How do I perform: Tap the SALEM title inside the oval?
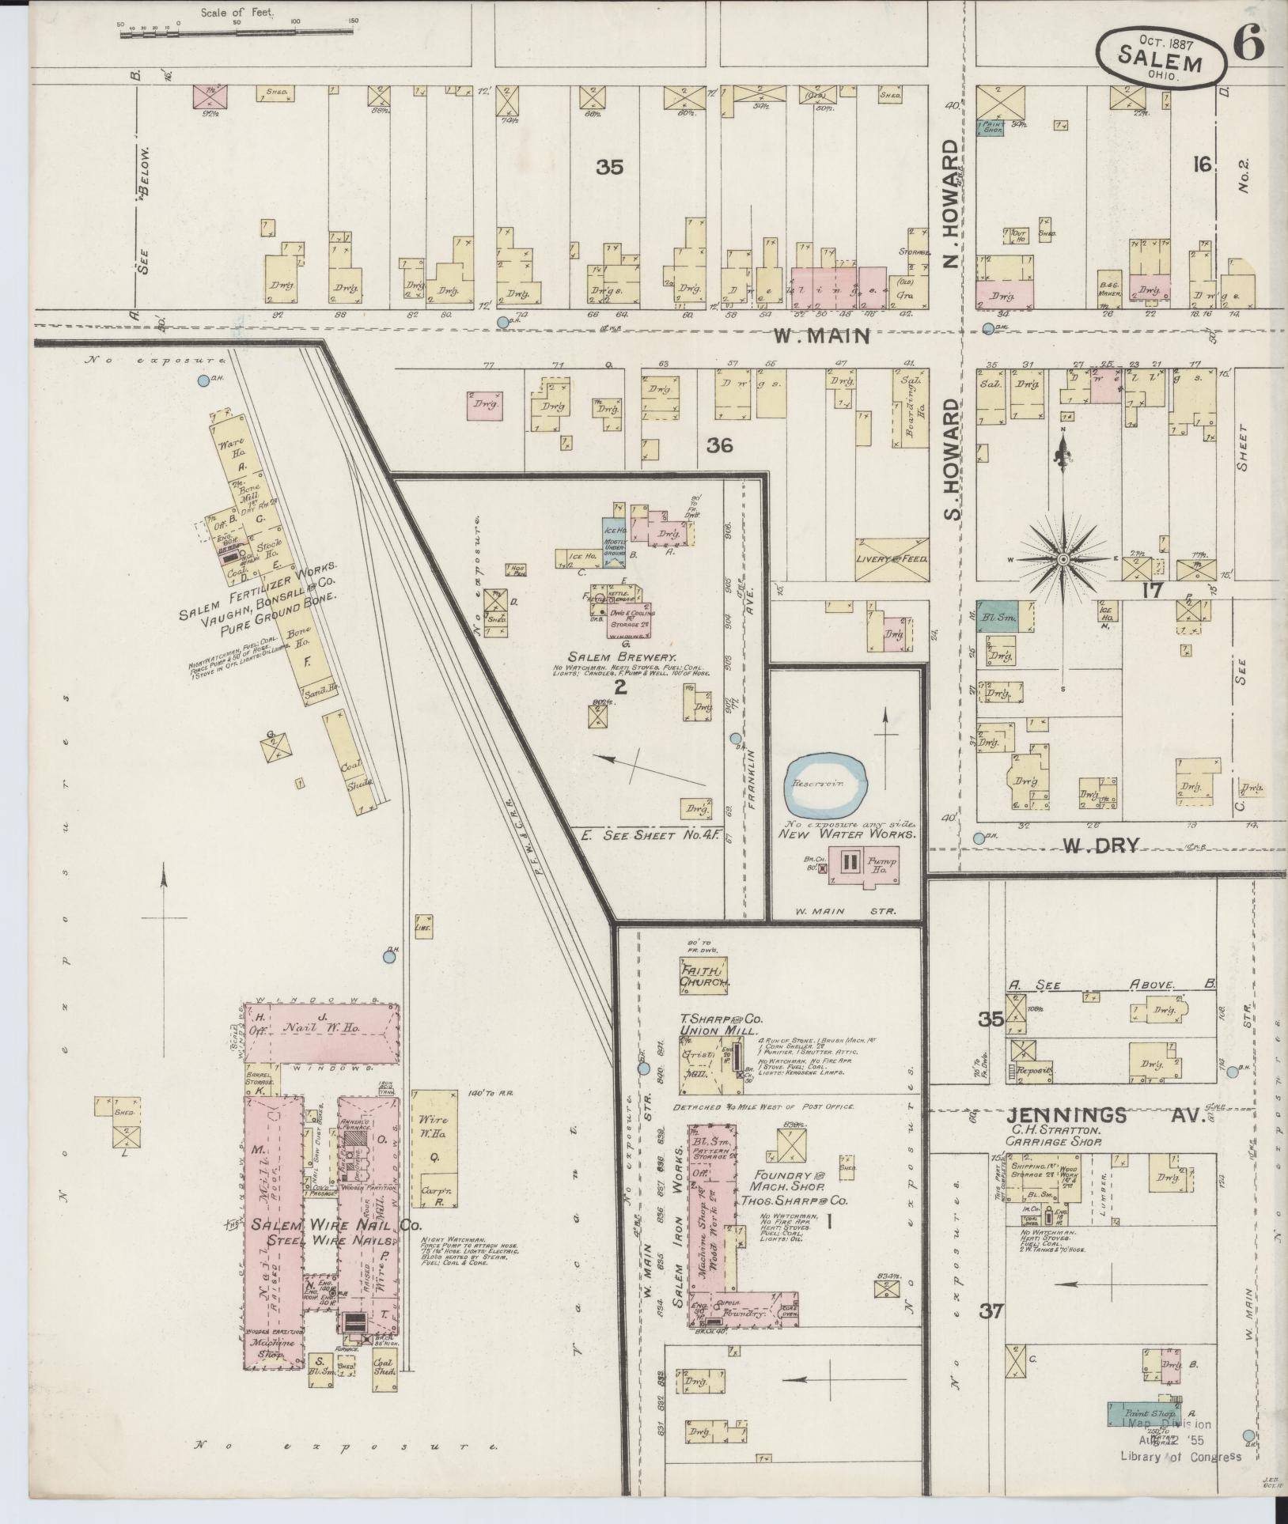(x=1161, y=59)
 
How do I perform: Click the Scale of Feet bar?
(x=237, y=34)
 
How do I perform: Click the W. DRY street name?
(x=1100, y=845)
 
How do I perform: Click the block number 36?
(x=719, y=445)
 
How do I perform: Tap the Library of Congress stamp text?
(x=1180, y=1457)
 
